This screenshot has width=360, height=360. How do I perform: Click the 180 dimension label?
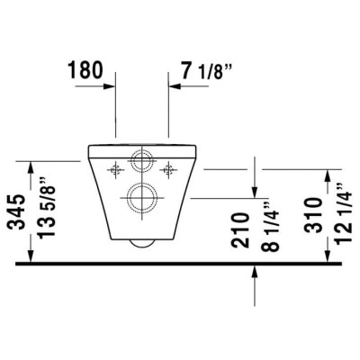pyautogui.click(x=86, y=70)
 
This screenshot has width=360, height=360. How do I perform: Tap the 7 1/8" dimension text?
pyautogui.click(x=206, y=71)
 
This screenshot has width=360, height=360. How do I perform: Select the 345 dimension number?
pyautogui.click(x=16, y=211)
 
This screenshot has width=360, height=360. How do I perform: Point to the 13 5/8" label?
pyautogui.click(x=46, y=211)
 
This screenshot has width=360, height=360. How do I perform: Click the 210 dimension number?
pyautogui.click(x=240, y=230)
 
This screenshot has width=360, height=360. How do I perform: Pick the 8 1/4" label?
pyautogui.click(x=270, y=227)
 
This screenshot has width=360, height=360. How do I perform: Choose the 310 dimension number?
pyautogui.click(x=313, y=215)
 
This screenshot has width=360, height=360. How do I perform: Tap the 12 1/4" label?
pyautogui.click(x=343, y=213)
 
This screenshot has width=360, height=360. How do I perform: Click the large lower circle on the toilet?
pyautogui.click(x=142, y=198)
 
